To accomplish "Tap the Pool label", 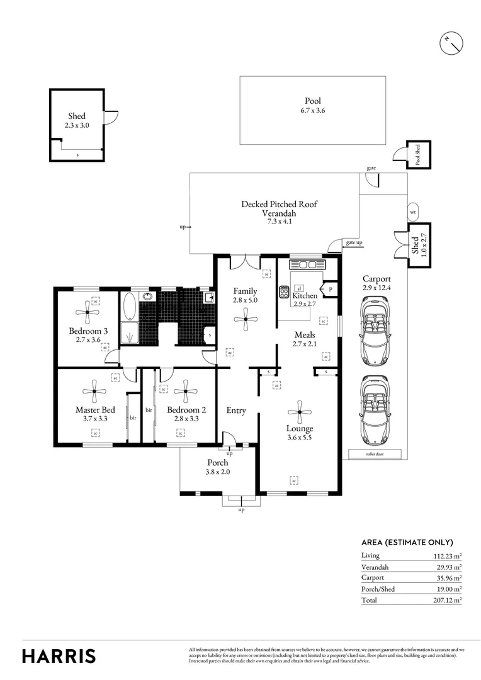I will point(312,101).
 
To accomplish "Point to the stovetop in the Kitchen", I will point(284,293).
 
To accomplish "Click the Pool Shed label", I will point(417,154).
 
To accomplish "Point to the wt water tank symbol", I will point(414,212).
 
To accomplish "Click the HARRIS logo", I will point(59,655).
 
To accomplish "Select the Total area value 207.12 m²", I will point(447,600).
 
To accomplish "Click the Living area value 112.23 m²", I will point(447,555).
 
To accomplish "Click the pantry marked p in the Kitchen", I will point(330,289).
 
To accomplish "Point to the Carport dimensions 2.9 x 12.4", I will point(376,288).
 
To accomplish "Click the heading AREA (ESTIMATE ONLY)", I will point(407,542).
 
